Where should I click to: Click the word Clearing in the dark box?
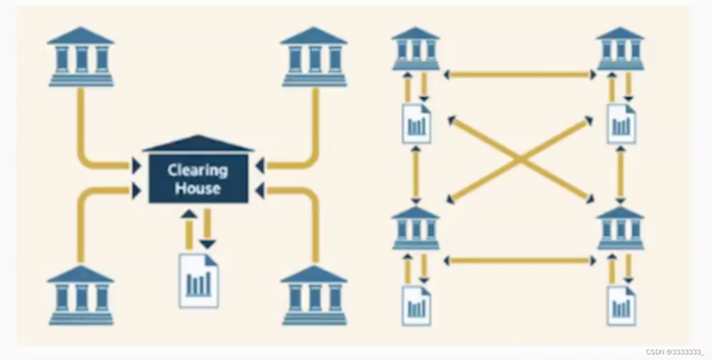point(197,170)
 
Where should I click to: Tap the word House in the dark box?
point(197,188)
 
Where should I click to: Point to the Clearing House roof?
point(198,144)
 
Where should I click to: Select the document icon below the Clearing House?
point(198,281)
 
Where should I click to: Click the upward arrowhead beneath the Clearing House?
point(189,214)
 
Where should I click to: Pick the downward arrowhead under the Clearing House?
point(207,244)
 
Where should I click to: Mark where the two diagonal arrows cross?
point(520,160)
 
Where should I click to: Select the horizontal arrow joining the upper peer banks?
point(520,75)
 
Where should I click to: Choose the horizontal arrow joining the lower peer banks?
point(520,261)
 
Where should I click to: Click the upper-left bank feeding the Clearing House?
point(81,57)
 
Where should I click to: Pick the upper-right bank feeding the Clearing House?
point(314,57)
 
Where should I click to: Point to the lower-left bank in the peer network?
point(416,229)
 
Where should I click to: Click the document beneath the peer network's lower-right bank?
point(621,305)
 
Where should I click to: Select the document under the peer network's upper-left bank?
point(417,124)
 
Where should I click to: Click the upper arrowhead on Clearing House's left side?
point(136,165)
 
